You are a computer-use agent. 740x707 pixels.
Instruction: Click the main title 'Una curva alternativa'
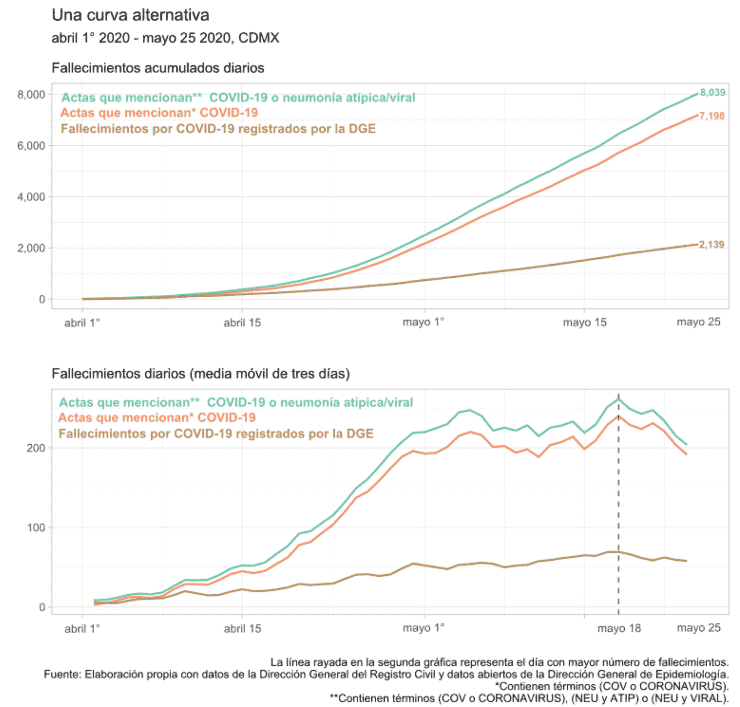[130, 15]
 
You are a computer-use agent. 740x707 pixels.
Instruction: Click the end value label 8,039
[712, 93]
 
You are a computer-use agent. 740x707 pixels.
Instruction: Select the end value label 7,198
[712, 116]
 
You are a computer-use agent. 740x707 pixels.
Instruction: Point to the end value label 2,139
[711, 245]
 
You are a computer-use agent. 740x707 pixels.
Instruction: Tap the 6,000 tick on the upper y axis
[31, 146]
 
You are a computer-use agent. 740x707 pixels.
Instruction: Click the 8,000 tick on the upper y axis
[31, 94]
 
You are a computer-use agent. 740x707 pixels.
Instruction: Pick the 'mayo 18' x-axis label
[619, 628]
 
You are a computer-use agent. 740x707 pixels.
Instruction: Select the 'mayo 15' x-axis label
[585, 323]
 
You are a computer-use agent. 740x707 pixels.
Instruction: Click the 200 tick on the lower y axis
[36, 448]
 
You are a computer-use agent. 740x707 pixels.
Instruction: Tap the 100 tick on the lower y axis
[36, 528]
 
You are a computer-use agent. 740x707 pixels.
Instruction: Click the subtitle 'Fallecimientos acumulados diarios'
[158, 68]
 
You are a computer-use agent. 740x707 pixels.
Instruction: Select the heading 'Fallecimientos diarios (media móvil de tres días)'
[200, 374]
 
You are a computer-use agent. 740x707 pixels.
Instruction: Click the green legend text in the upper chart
[238, 98]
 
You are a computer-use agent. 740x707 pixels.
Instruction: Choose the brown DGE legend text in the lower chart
[216, 434]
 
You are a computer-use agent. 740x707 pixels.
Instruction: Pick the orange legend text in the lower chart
[157, 418]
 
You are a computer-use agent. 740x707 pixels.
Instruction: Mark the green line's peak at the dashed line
[618, 399]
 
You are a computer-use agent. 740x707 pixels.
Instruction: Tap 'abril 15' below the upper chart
[242, 323]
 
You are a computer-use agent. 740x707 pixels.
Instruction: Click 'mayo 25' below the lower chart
[698, 628]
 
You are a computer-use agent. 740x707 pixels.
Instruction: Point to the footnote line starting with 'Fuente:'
[386, 675]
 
